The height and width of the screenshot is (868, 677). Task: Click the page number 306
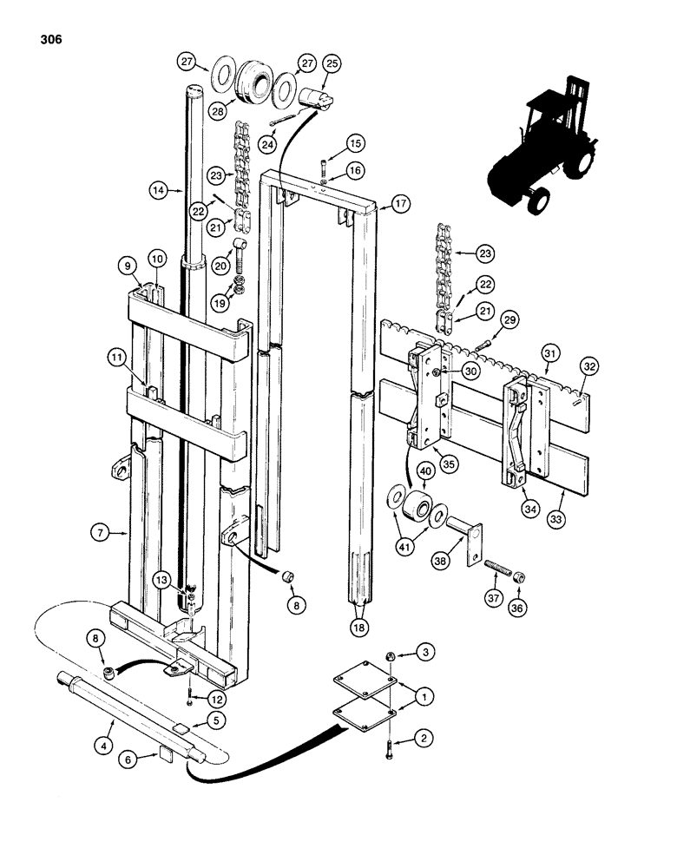[49, 40]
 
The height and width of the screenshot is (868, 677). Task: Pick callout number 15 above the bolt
[355, 142]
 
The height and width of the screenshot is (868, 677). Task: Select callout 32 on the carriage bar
[590, 366]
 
